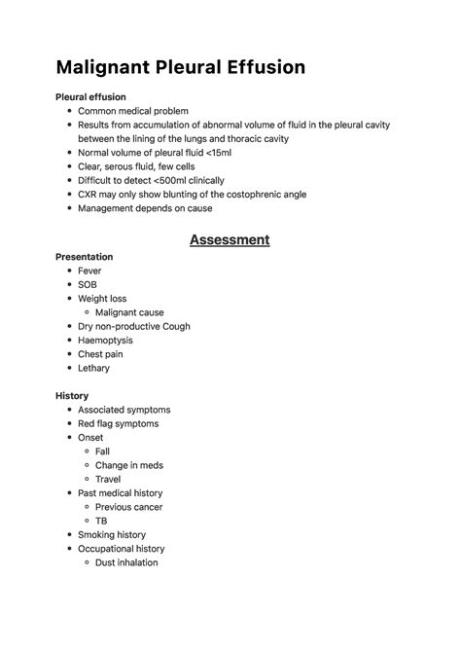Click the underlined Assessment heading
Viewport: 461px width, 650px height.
[x=230, y=238]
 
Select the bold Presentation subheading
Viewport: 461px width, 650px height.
[x=85, y=257]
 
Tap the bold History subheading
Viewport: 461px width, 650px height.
[x=73, y=396]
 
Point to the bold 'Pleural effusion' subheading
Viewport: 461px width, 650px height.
[x=90, y=97]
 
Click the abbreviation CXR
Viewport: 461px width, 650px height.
[x=89, y=194]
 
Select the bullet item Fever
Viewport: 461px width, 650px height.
[x=89, y=271]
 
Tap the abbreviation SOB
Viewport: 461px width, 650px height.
[x=88, y=284]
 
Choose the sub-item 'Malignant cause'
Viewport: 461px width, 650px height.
[x=129, y=312]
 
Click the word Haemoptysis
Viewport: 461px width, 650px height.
[x=105, y=341]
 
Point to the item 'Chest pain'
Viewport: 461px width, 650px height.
[x=102, y=354]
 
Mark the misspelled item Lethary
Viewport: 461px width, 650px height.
[x=94, y=368]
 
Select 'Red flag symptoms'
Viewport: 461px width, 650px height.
[x=118, y=423]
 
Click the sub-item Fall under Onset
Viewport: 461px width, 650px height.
[x=102, y=451]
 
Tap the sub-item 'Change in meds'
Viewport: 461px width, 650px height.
[x=129, y=465]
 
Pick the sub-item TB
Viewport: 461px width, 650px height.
[x=101, y=521]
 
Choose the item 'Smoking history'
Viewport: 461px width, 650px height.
[x=112, y=534]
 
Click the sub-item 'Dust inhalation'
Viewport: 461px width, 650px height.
[x=126, y=562]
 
